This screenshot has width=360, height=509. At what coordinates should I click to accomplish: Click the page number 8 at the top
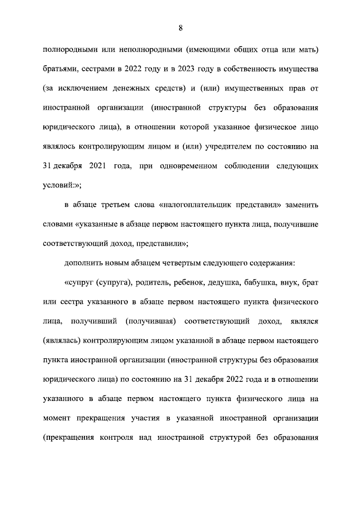pyautogui.click(x=179, y=28)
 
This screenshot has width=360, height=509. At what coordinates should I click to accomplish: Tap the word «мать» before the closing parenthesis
pyautogui.click(x=305, y=52)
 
